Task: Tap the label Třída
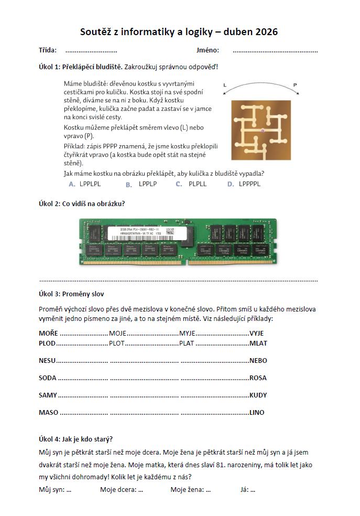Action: pos(48,51)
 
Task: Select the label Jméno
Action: pos(208,51)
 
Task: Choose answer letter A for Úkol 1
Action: pos(72,184)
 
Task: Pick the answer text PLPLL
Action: pos(198,184)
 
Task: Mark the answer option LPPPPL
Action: pos(249,184)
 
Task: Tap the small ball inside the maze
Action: pos(261,130)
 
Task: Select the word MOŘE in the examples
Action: pos(48,333)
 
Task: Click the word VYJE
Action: pos(256,333)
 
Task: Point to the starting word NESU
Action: pos(47,361)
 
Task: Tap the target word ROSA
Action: pos(258,378)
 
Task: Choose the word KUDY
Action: pos(258,395)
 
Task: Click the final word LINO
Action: pos(257,412)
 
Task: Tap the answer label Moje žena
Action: pos(187,490)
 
